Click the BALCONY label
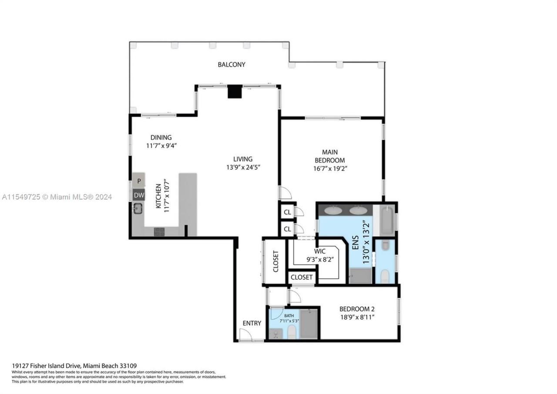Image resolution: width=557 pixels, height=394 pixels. [x=232, y=65]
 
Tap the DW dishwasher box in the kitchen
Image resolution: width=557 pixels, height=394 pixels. [x=139, y=195]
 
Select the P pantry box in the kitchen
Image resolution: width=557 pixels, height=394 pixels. [x=139, y=180]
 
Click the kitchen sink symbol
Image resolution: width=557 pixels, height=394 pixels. [x=138, y=209]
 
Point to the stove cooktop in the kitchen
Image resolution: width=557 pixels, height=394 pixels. [x=159, y=232]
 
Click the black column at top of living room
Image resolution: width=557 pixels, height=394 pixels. [x=235, y=92]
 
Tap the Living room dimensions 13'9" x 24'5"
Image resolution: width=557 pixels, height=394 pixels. [x=242, y=167]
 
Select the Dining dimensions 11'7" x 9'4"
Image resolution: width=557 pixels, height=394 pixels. [x=161, y=146]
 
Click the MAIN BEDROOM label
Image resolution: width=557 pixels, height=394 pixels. [x=333, y=156]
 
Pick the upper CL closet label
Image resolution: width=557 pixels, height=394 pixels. [x=287, y=212]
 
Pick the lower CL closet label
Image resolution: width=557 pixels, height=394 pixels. [x=287, y=229]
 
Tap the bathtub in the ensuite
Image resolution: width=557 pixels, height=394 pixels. [x=387, y=221]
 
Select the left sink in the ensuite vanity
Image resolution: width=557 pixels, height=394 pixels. [x=333, y=211]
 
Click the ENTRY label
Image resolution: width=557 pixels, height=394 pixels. [x=252, y=323]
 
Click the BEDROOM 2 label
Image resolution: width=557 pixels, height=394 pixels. [x=357, y=309]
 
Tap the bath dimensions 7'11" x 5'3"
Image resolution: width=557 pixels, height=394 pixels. [x=289, y=321]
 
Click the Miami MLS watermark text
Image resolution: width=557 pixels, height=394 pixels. [x=57, y=197]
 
